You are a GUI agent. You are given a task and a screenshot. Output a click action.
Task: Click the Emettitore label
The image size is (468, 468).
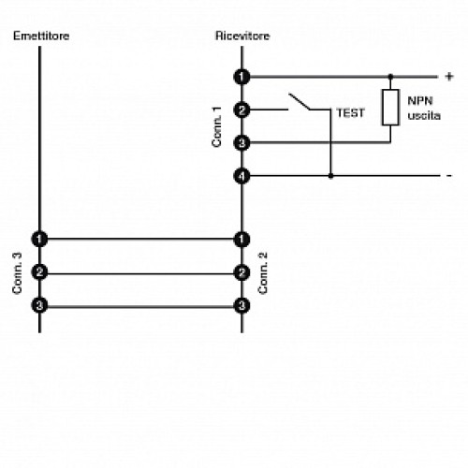click(41, 36)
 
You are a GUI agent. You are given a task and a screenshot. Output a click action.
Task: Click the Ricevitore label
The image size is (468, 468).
click(242, 36)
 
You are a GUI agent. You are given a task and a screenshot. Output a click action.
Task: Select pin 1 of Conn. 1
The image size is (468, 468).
click(242, 76)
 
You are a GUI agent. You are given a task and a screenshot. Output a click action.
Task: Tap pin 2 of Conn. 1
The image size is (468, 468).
click(242, 110)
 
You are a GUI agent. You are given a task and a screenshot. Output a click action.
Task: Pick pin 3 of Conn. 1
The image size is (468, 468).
click(242, 142)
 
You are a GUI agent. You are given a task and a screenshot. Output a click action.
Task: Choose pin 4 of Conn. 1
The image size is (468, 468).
click(242, 175)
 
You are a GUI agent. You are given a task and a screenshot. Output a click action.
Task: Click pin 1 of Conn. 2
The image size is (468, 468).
click(242, 239)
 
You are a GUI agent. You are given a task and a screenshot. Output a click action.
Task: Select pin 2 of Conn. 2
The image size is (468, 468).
click(242, 272)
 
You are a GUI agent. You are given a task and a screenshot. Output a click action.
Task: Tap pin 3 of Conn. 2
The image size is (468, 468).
click(242, 305)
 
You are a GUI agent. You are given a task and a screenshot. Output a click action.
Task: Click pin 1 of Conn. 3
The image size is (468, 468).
click(39, 239)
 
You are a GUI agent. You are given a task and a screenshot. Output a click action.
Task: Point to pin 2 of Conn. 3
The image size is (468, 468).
click(39, 272)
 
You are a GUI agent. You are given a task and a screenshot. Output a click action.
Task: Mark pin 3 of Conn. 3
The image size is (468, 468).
click(39, 305)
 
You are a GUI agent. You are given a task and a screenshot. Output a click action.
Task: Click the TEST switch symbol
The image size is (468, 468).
click(301, 101)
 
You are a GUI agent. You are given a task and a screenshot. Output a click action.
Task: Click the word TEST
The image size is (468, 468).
click(350, 112)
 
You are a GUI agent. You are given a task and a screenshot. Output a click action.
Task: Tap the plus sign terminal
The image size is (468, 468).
click(448, 76)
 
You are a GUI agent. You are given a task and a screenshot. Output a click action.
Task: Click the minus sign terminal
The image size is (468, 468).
click(448, 175)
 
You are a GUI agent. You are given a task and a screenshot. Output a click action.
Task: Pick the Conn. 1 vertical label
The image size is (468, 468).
click(217, 125)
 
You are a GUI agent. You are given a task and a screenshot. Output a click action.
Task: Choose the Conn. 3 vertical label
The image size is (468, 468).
click(17, 272)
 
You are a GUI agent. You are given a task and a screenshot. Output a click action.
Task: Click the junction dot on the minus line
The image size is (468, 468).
click(329, 175)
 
